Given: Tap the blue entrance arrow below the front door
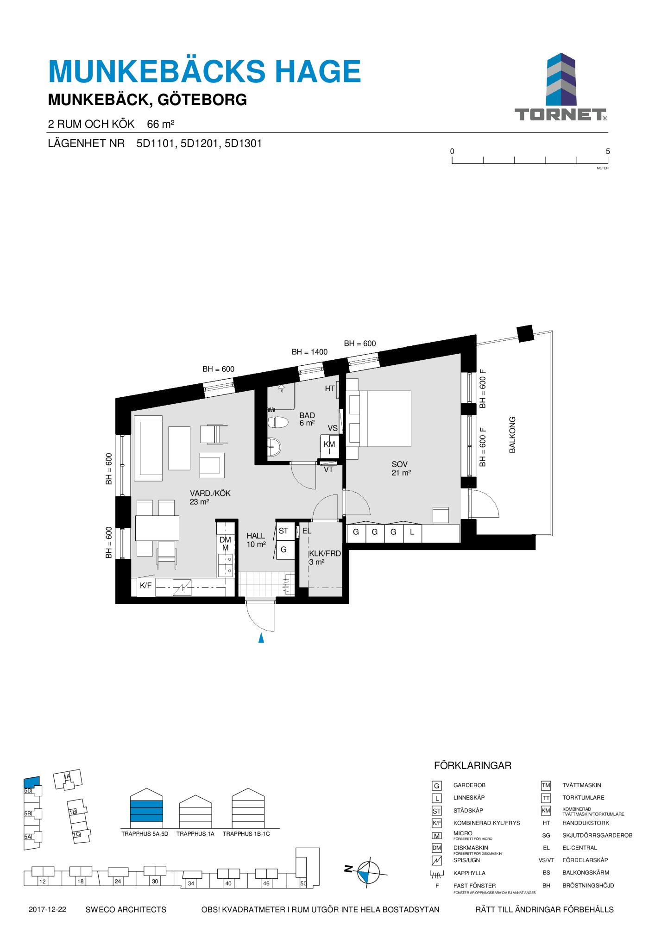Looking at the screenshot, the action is pyautogui.click(x=261, y=638).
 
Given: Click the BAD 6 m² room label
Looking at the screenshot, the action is pyautogui.click(x=307, y=419).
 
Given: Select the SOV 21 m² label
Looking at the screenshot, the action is pyautogui.click(x=401, y=469).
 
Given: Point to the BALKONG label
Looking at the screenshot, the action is pyautogui.click(x=512, y=435).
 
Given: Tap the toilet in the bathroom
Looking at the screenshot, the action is pyautogui.click(x=278, y=422).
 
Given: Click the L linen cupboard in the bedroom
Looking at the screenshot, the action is pyautogui.click(x=412, y=532).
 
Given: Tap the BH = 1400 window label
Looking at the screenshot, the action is pyautogui.click(x=309, y=352).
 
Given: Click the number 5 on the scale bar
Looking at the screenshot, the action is pyautogui.click(x=608, y=151).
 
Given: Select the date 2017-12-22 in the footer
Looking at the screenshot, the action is pyautogui.click(x=47, y=909).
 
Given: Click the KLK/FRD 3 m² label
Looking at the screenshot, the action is pyautogui.click(x=325, y=557).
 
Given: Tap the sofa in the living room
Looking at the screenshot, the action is pyautogui.click(x=148, y=448).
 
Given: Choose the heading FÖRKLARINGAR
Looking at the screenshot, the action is pyautogui.click(x=472, y=765).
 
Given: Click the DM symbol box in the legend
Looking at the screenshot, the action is pyautogui.click(x=436, y=848).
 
